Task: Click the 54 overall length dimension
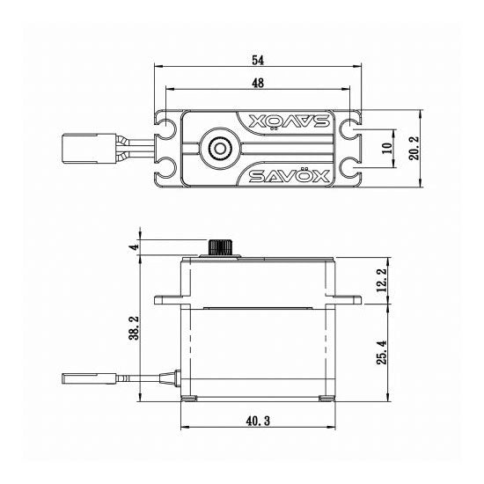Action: [258, 60]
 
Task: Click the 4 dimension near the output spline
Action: [135, 247]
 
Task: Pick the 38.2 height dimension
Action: [135, 329]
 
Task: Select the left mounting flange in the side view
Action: [168, 299]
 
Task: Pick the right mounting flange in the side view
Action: [348, 299]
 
